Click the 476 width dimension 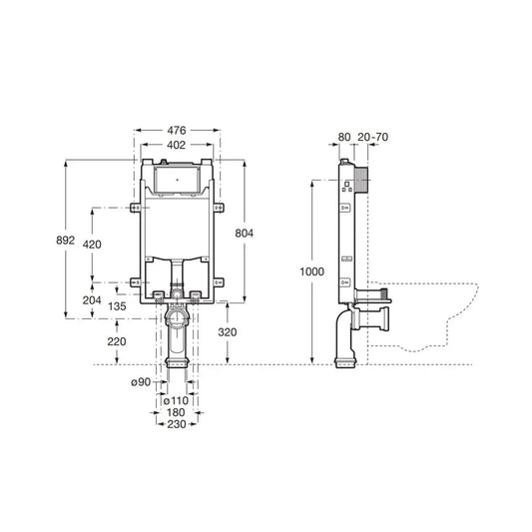point(178,129)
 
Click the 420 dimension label point(92,245)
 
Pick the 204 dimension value point(92,298)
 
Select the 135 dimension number point(117,307)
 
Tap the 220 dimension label point(117,341)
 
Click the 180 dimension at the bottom point(177,412)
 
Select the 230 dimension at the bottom point(177,425)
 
